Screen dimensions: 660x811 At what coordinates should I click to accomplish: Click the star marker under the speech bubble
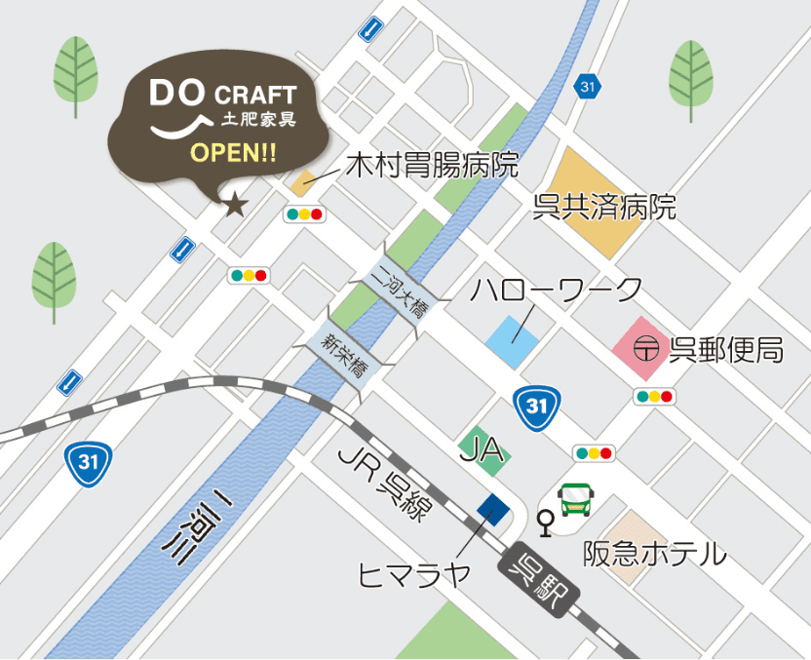[235, 205]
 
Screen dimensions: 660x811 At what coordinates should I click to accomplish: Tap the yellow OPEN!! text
[233, 153]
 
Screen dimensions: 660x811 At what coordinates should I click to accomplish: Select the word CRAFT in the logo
[254, 96]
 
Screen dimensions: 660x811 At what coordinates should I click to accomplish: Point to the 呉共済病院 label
[604, 208]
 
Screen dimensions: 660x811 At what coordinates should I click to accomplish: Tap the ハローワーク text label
[557, 290]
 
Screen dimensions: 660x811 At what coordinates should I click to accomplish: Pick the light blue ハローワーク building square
[513, 341]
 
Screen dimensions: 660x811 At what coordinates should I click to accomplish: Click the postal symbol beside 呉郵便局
[644, 348]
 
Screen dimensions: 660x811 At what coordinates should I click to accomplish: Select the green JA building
[483, 450]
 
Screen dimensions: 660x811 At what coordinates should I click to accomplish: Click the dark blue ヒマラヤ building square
[493, 509]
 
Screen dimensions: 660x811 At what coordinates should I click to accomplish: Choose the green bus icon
[576, 501]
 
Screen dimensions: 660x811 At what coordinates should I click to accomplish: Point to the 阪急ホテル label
[655, 554]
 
